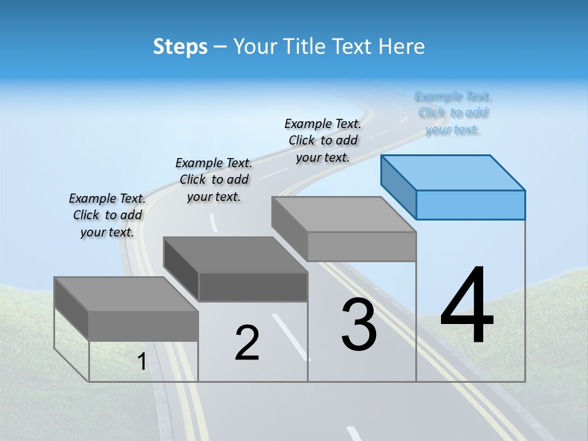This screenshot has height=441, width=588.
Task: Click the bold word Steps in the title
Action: [x=180, y=47]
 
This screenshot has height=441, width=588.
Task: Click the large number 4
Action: [x=467, y=306]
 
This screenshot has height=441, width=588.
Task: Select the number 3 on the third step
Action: [x=359, y=325]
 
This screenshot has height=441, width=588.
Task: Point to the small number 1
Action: [x=141, y=362]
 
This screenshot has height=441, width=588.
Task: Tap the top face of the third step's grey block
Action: [x=343, y=214]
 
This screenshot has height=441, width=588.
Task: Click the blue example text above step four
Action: [x=453, y=113]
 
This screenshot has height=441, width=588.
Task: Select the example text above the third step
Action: [x=323, y=140]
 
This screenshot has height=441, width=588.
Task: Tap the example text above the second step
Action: [x=214, y=179]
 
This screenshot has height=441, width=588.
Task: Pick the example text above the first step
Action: [x=107, y=215]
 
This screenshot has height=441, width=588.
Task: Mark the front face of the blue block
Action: [x=470, y=205]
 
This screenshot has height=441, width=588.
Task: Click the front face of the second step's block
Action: [x=253, y=287]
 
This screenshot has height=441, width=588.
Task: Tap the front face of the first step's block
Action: [x=143, y=325]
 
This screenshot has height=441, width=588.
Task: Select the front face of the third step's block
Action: [x=361, y=246]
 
